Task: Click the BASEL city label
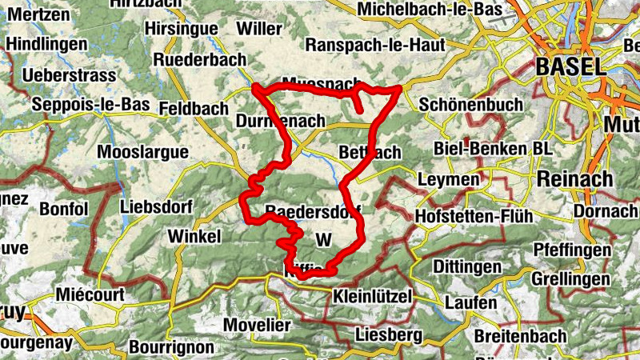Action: click(571, 67)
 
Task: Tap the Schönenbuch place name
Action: click(470, 105)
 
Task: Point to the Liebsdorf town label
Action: click(156, 206)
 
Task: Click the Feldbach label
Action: click(193, 107)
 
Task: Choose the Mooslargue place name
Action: click(142, 152)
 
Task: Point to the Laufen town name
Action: click(470, 304)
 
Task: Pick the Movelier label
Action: click(257, 326)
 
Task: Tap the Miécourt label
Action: click(90, 295)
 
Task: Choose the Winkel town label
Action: click(194, 237)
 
